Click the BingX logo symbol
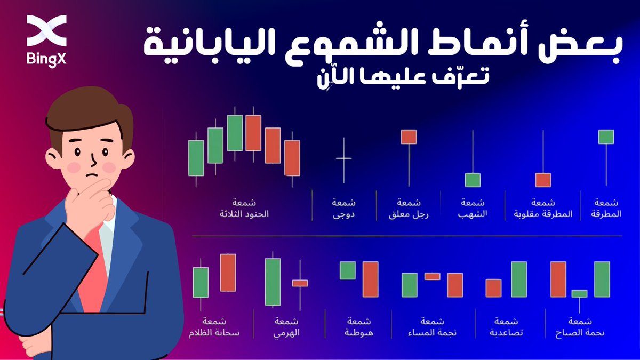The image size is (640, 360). click(x=46, y=30)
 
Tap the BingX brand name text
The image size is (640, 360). click(x=46, y=59)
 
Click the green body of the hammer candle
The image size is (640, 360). click(x=606, y=137)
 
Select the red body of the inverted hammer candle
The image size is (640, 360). click(x=543, y=180)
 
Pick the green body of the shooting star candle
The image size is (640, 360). click(x=473, y=180)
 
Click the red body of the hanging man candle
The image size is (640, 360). click(x=409, y=137)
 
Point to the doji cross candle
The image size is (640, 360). click(x=343, y=159)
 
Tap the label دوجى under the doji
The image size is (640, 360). click(x=343, y=214)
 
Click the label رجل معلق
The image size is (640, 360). click(x=409, y=214)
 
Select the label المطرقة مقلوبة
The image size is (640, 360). click(x=543, y=214)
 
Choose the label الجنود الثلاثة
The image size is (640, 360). click(x=244, y=214)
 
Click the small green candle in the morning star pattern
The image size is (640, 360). click(x=579, y=294)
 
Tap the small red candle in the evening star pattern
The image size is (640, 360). click(x=433, y=276)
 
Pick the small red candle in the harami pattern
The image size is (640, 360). click(x=300, y=283)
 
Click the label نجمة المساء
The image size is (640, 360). click(x=432, y=333)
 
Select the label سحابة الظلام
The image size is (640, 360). click(x=214, y=333)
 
